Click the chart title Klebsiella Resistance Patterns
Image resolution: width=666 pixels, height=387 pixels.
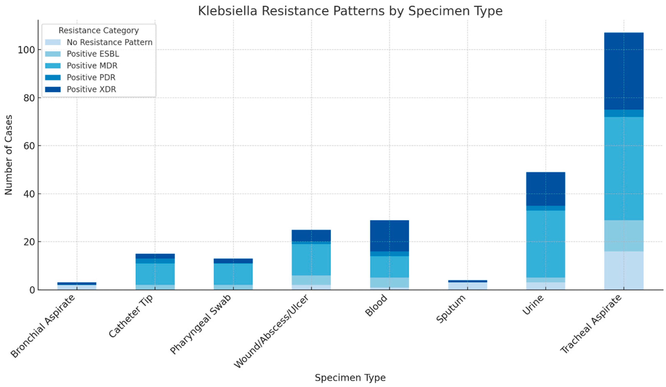(x=350, y=11)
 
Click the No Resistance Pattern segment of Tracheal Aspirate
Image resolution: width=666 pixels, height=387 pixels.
(x=624, y=270)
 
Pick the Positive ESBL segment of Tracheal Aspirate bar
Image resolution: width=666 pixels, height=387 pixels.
(x=624, y=236)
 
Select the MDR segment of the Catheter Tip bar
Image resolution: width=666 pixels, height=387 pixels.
(x=155, y=274)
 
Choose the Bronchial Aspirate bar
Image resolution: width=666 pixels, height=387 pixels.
(x=77, y=286)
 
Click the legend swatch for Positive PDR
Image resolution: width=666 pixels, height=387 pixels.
(x=53, y=77)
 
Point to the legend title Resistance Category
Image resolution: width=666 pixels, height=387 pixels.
(x=98, y=31)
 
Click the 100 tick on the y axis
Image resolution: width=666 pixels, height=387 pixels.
(x=26, y=50)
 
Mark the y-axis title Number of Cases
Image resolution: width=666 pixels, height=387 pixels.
(x=9, y=155)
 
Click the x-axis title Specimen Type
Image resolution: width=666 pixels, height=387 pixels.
(x=350, y=377)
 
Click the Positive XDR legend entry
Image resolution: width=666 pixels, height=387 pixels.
(x=91, y=89)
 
